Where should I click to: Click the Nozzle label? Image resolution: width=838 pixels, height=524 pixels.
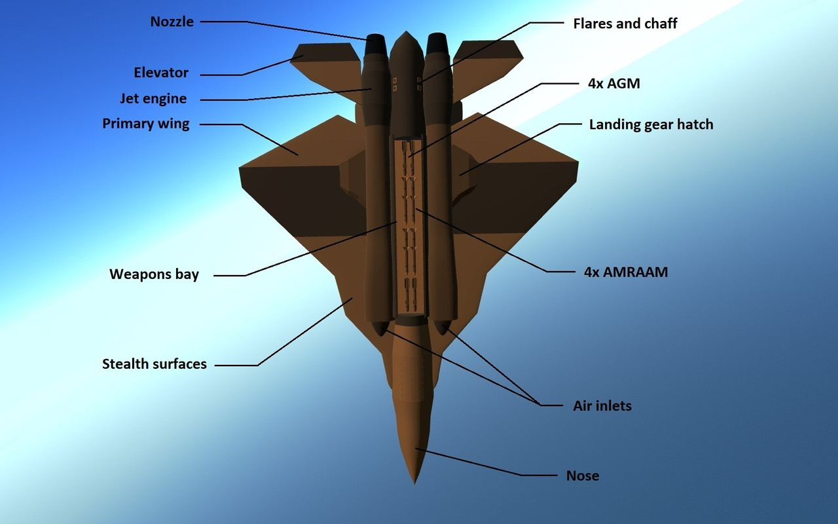click(x=172, y=22)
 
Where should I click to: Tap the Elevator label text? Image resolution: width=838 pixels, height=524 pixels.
click(x=161, y=73)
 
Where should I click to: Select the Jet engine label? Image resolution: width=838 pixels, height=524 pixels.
click(x=153, y=99)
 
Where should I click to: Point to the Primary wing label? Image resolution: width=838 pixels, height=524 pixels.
click(x=146, y=124)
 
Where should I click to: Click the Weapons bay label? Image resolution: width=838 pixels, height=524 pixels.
click(x=154, y=274)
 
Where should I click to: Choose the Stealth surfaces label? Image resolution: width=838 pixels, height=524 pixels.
click(x=155, y=364)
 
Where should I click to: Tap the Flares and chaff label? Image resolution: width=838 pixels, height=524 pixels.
click(x=625, y=24)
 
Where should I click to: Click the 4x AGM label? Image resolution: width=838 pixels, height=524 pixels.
click(x=613, y=83)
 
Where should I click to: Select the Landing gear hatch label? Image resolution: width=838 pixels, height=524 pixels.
click(x=651, y=124)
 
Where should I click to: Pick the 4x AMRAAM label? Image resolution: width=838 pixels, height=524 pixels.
click(x=626, y=272)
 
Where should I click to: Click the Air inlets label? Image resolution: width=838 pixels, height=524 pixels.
click(x=602, y=406)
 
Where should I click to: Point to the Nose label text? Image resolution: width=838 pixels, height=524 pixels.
click(x=583, y=476)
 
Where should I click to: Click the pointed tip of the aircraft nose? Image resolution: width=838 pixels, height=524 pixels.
click(x=414, y=482)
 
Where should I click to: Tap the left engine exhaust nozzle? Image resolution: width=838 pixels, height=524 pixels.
click(x=376, y=44)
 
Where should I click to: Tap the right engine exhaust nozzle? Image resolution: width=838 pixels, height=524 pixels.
click(x=437, y=44)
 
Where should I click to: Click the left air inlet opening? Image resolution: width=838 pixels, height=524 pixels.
click(x=380, y=327)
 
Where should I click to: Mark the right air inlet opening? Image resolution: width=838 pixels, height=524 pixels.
click(x=441, y=326)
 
